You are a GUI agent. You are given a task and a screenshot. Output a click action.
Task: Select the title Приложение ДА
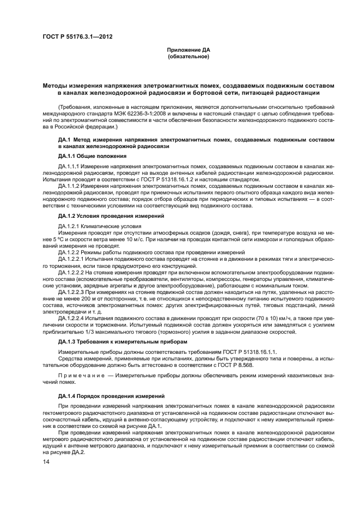coord(188,50)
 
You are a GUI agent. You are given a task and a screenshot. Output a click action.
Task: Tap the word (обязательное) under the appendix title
coord(188,56)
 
